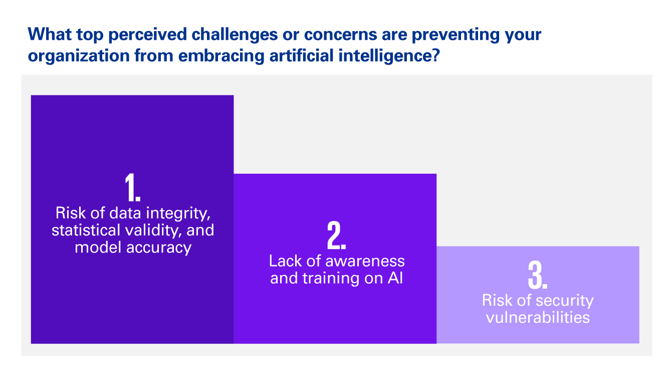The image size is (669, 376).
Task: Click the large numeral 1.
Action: pos(132,187)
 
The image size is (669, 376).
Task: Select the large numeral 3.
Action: pos(538,275)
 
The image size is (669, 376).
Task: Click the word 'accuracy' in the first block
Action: pos(158,248)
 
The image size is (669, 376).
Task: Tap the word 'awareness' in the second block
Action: pos(365,261)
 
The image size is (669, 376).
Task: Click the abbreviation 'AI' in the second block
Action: pos(395,278)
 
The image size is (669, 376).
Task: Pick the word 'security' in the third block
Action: pos(561,301)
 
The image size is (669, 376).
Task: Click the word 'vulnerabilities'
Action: pos(538,317)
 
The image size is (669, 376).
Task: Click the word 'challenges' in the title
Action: pos(235,35)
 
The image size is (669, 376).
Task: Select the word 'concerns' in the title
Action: pos(340,35)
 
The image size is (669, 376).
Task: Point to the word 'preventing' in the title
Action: pos(456,35)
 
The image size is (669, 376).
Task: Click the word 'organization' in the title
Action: pos(79,56)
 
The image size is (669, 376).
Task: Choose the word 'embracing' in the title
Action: pos(221,56)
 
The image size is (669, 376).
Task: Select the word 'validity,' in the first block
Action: pos(153,230)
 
